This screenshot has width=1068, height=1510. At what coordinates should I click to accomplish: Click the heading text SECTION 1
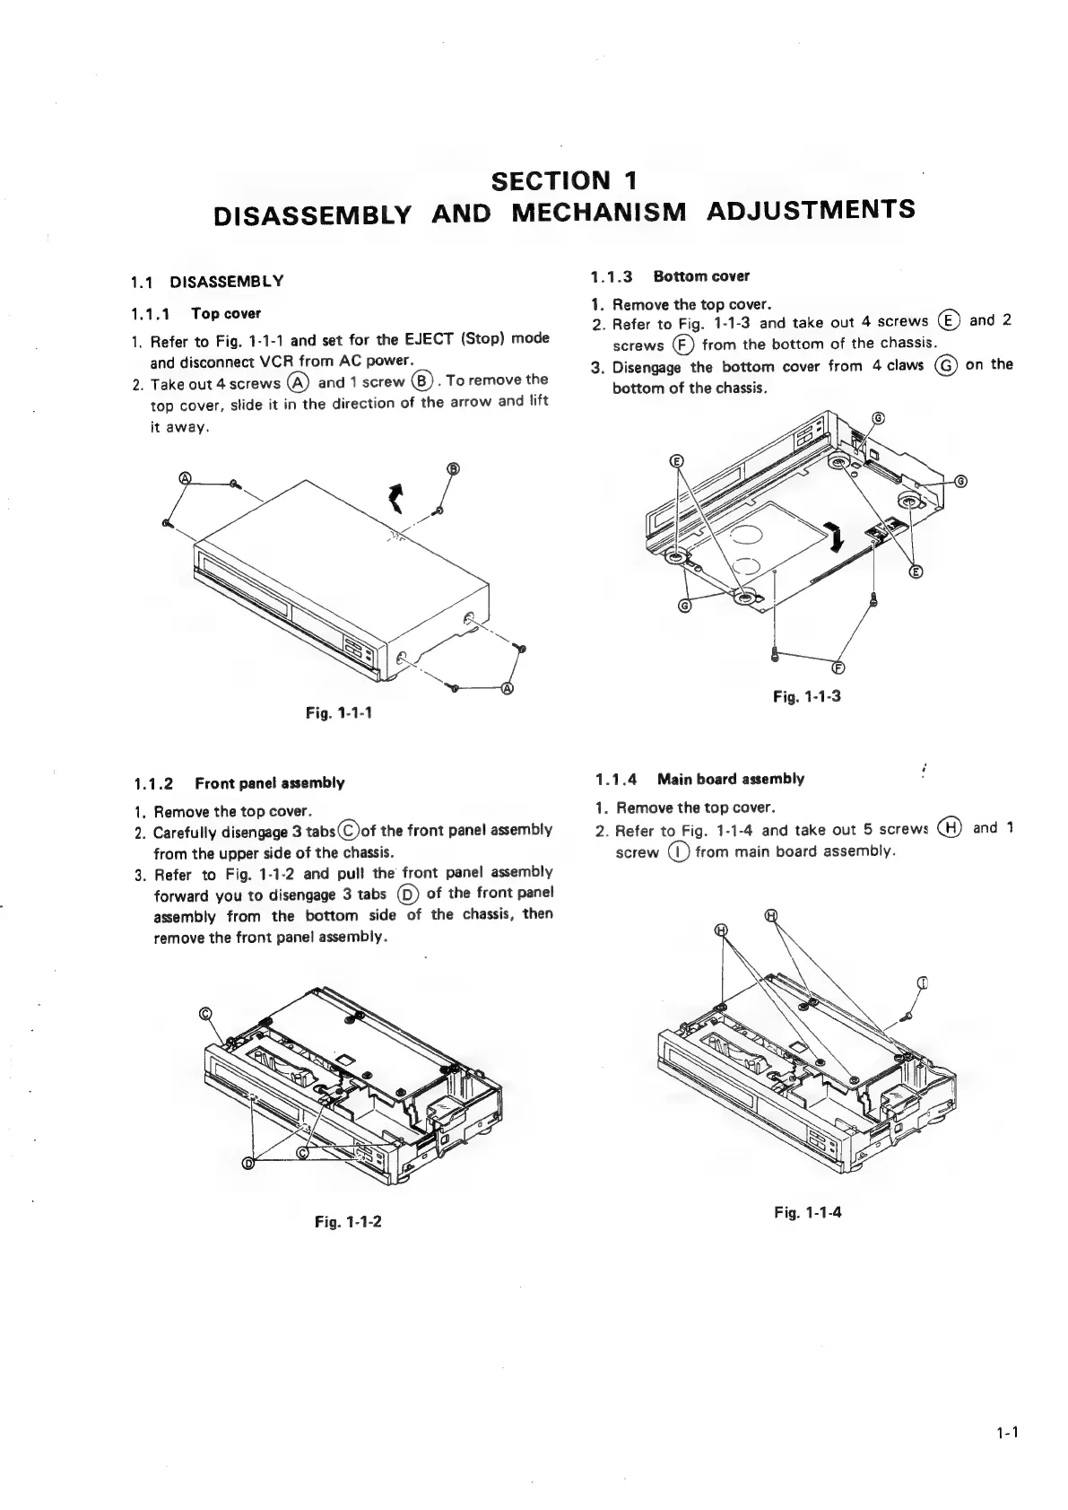(x=564, y=180)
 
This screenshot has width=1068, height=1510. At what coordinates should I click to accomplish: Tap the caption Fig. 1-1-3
(x=807, y=695)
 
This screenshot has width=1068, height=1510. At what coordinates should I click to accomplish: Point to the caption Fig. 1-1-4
(x=808, y=1212)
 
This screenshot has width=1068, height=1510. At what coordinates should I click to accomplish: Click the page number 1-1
(x=1007, y=1433)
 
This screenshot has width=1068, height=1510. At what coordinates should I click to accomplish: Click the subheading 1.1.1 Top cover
(x=195, y=314)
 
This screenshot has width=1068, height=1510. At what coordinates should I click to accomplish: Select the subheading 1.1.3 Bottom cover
(x=670, y=276)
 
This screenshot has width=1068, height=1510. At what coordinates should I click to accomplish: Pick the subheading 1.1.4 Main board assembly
(x=699, y=779)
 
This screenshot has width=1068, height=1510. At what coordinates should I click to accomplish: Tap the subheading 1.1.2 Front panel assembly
(x=238, y=782)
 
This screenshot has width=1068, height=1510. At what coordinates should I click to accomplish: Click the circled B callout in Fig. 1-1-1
(x=453, y=468)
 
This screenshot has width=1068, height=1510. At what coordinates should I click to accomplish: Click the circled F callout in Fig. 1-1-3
(x=838, y=667)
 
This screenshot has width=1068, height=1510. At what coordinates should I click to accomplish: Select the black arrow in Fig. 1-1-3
(x=837, y=538)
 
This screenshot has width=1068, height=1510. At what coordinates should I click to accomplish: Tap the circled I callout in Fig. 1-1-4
(x=923, y=982)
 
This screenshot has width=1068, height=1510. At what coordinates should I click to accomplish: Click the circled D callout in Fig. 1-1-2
(x=248, y=1164)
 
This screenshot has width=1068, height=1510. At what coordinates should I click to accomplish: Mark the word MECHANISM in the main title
(x=599, y=212)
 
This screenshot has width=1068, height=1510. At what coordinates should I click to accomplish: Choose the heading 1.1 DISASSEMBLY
(x=207, y=282)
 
